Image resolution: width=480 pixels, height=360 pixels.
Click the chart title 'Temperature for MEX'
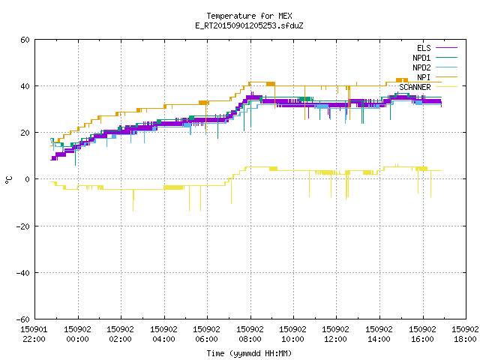point(249,16)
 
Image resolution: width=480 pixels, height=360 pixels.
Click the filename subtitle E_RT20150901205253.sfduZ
point(249,25)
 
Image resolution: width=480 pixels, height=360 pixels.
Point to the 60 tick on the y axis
point(25,40)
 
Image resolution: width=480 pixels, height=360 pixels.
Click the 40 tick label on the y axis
point(25,86)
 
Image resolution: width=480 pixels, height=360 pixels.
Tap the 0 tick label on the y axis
point(28,179)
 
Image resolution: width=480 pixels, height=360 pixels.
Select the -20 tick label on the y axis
point(23,226)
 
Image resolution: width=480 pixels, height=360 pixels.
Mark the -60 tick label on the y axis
point(23,319)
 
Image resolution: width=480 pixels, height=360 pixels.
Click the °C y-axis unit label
point(9,180)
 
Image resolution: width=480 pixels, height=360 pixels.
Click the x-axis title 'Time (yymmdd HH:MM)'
point(249,353)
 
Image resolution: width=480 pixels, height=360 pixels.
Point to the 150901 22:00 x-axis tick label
point(34,334)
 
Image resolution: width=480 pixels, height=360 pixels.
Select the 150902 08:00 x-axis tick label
point(250,334)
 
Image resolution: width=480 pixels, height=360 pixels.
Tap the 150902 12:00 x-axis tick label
point(335,334)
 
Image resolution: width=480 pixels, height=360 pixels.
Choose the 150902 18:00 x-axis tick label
point(465,334)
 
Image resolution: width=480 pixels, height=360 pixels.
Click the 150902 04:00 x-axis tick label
point(163,334)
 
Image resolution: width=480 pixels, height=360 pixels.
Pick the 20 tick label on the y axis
point(25,133)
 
